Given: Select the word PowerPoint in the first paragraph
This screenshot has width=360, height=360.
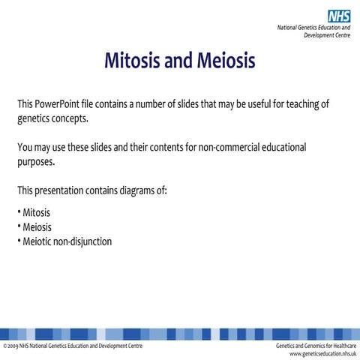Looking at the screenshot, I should click(x=62, y=103).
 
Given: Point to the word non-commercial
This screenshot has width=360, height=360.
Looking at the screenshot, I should click(x=227, y=147).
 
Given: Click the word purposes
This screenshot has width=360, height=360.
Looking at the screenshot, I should click(x=35, y=162).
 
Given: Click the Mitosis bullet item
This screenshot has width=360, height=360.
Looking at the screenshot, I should click(x=36, y=212).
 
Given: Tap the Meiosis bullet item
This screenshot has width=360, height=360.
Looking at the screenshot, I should click(x=37, y=226).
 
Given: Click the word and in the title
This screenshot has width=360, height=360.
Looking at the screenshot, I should click(x=178, y=59).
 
